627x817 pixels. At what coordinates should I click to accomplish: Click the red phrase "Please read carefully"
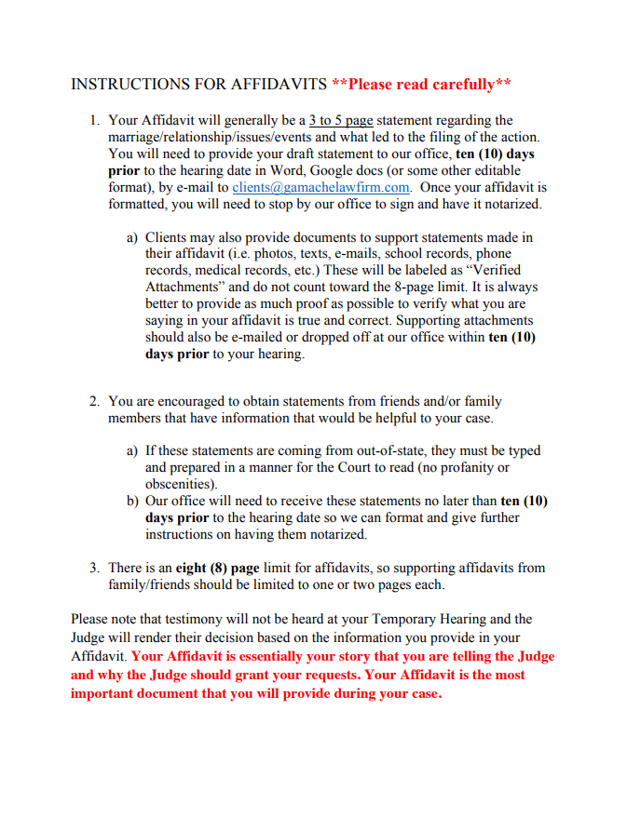point(421,85)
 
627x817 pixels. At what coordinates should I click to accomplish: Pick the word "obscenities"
point(180,484)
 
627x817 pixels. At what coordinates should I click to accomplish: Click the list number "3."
point(95,568)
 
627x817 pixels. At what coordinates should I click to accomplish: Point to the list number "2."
point(95,401)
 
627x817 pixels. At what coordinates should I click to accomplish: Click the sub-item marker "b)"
point(132,501)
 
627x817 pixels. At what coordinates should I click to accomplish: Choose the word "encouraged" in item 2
point(199,401)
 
